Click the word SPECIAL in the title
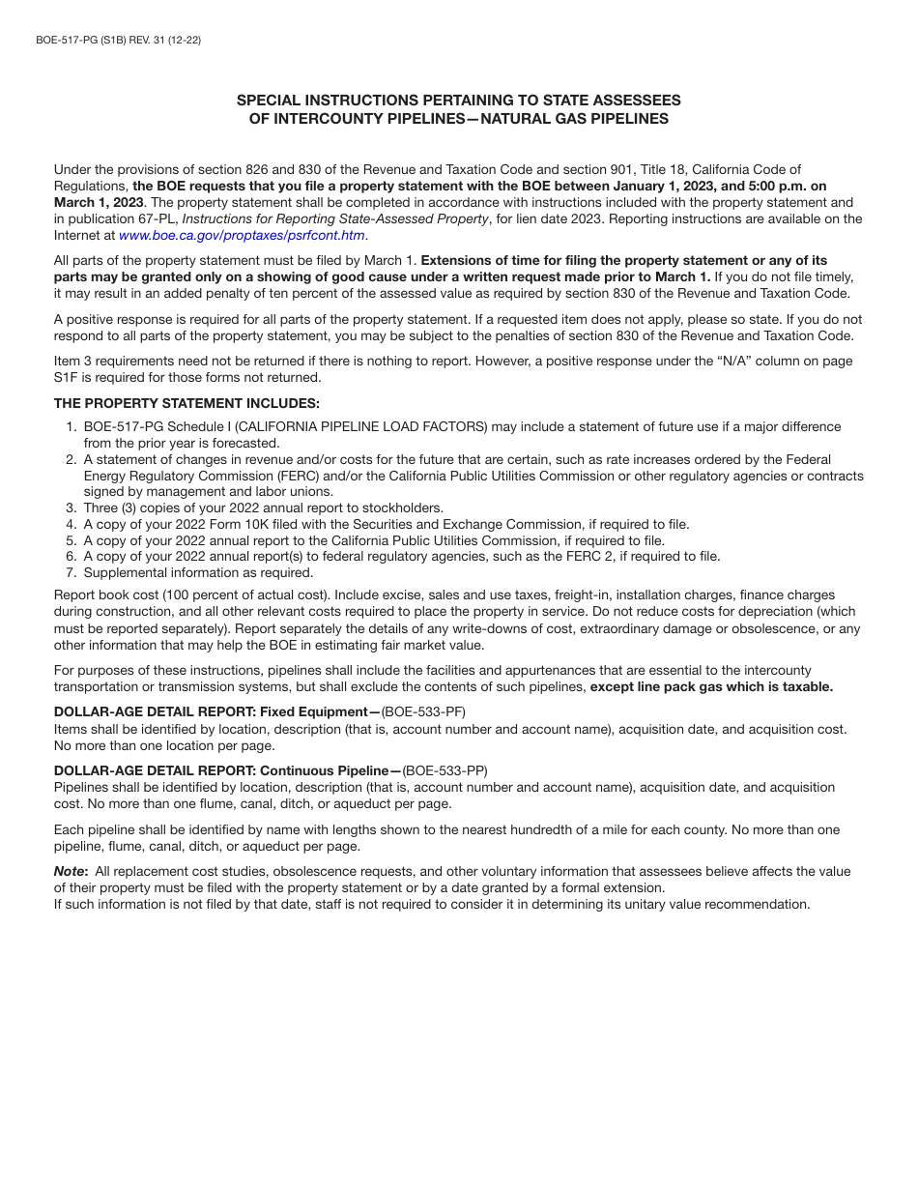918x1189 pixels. pyautogui.click(x=270, y=101)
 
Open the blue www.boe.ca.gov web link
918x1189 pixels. pyautogui.click(x=242, y=235)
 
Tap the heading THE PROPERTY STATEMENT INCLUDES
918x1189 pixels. pyautogui.click(x=186, y=403)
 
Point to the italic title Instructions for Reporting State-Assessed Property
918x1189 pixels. pyautogui.click(x=335, y=218)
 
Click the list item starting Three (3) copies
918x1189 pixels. pyautogui.click(x=263, y=508)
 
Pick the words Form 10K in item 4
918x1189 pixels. pyautogui.click(x=250, y=525)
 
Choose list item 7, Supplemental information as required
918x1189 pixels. pyautogui.click(x=198, y=572)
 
